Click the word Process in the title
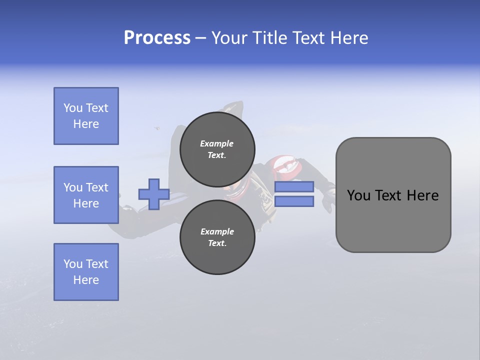pos(157,38)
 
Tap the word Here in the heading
pos(347,38)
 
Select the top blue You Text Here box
pos(86,116)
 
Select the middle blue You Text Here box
pos(86,195)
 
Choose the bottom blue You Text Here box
pos(86,272)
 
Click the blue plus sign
pos(154,194)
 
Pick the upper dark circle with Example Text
pos(217,149)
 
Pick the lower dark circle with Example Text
pos(217,237)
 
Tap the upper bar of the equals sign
pos(294,186)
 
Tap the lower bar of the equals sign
pos(294,201)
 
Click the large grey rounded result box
pos(393,194)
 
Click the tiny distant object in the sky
pos(157,128)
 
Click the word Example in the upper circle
pos(216,143)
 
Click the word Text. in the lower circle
pos(217,243)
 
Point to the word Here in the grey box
pos(422,195)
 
